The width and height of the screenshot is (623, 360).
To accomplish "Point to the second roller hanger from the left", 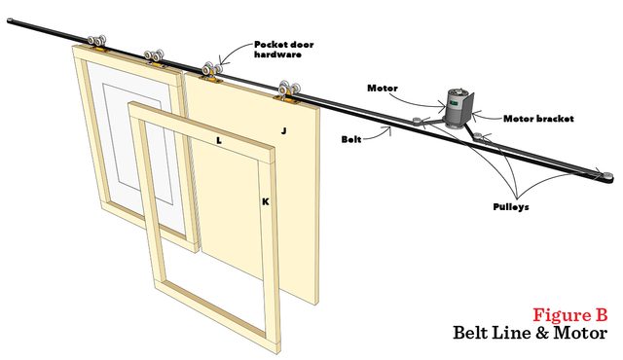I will point(156,56).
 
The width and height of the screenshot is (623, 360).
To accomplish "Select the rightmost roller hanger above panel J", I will point(287,90).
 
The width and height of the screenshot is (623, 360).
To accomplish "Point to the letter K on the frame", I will point(264,201).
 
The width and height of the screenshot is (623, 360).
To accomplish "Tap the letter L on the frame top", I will point(220,140).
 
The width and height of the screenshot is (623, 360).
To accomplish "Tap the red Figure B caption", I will point(570,315).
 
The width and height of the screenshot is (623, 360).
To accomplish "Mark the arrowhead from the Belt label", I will point(394,128).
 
